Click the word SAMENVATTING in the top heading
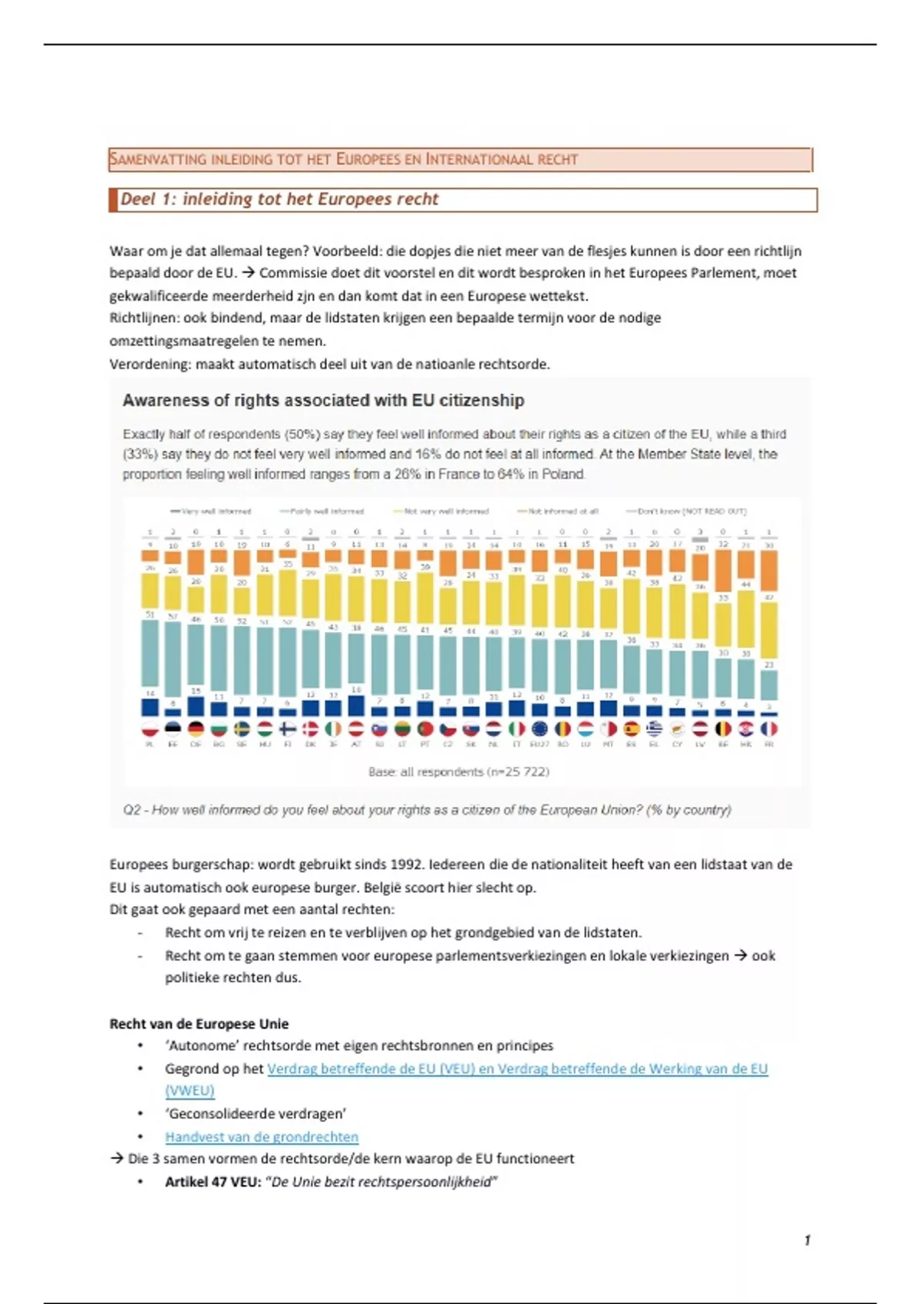158,160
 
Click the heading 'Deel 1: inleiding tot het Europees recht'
279,199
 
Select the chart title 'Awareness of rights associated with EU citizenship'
323,400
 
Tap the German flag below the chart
196,729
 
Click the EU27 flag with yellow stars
540,729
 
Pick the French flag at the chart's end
769,729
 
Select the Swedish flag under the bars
241,729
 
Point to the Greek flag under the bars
654,729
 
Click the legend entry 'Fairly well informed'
327,511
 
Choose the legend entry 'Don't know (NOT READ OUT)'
692,511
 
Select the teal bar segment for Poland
150,656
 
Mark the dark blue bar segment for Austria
356,706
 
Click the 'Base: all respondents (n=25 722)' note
459,772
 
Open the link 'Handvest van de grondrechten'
262,1137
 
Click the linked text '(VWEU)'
190,1091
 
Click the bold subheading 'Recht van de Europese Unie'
199,1024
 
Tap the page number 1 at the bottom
807,1240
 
